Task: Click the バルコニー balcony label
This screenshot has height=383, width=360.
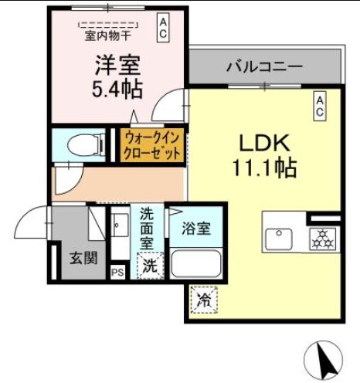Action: pyautogui.click(x=265, y=66)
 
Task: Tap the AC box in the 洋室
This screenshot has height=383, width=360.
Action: pyautogui.click(x=164, y=29)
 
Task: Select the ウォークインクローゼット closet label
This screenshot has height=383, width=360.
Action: pyautogui.click(x=151, y=145)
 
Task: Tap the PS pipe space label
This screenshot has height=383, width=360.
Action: pyautogui.click(x=117, y=272)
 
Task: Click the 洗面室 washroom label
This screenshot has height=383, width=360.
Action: pyautogui.click(x=147, y=228)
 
